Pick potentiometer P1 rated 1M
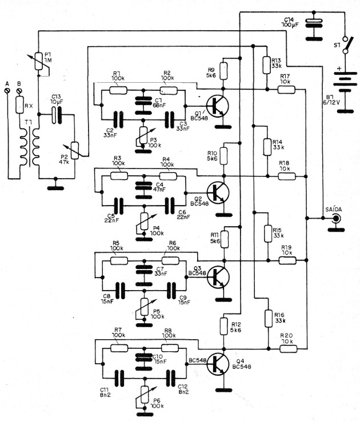(x=38, y=61)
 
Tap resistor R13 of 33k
(x=267, y=64)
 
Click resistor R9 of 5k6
(x=223, y=71)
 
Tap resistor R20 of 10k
(x=287, y=347)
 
